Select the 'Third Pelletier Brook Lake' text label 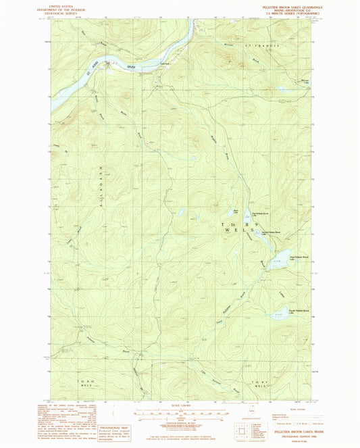click(299, 257)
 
